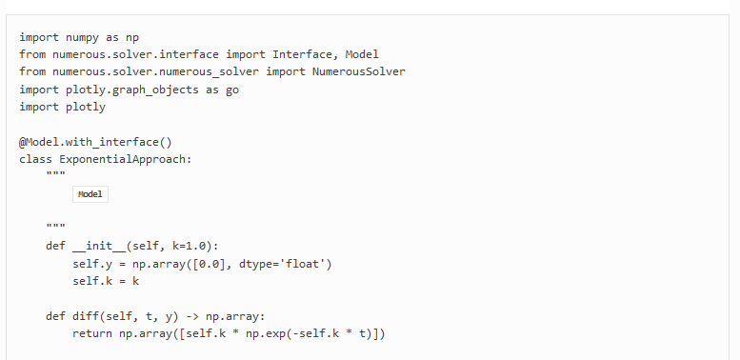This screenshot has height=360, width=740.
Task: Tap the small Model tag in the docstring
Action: point(90,194)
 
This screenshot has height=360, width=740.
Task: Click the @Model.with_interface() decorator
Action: point(95,142)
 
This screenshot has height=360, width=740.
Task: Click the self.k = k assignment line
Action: point(106,281)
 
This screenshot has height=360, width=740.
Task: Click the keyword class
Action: point(35,159)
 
